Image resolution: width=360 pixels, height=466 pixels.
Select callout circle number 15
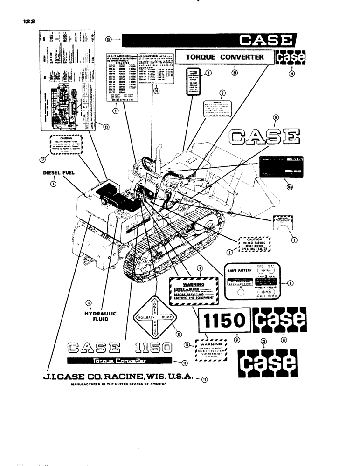pos(108,40)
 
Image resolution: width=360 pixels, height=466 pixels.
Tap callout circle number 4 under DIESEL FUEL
pos(54,184)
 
